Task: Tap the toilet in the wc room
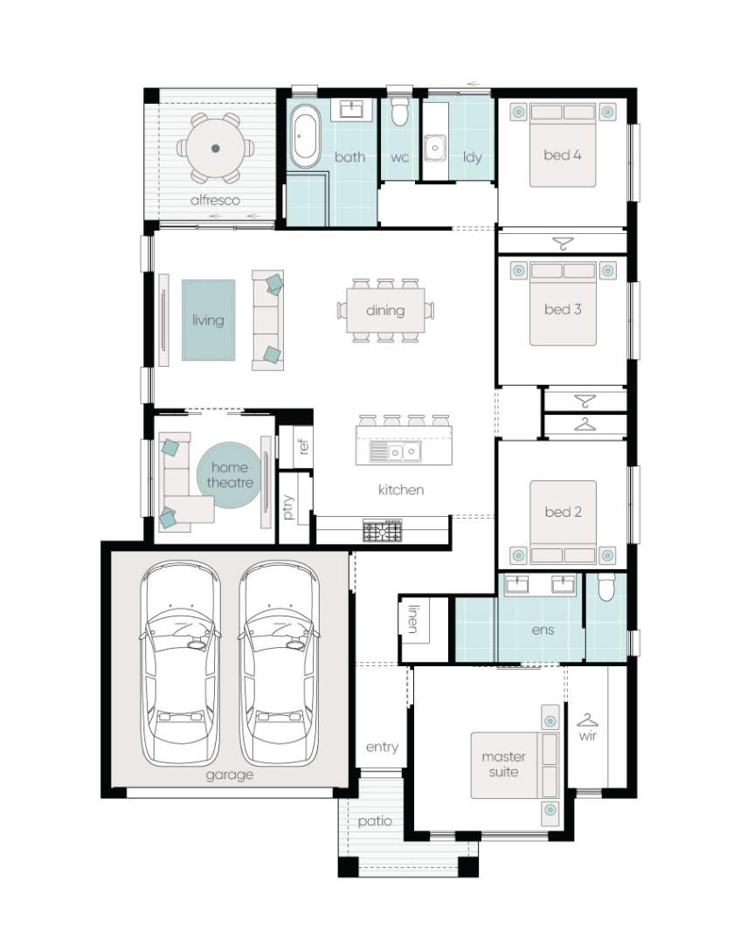coord(399,111)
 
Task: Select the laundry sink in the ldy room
coord(435,148)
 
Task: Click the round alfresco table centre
coord(215,148)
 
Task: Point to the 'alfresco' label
coord(215,200)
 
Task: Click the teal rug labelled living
coord(209,320)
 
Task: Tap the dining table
coord(385,310)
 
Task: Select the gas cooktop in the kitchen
coord(383,531)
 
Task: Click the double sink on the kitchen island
coord(404,451)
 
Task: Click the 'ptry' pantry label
coord(288,507)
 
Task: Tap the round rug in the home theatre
coord(229,475)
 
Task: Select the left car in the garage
coord(180,664)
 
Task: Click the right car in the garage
coord(279,664)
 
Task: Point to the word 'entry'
coord(382,747)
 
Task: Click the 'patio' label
coord(374,822)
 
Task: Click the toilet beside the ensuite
coord(606,587)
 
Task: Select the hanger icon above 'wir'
coord(587,719)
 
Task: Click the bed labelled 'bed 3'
coord(563,304)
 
